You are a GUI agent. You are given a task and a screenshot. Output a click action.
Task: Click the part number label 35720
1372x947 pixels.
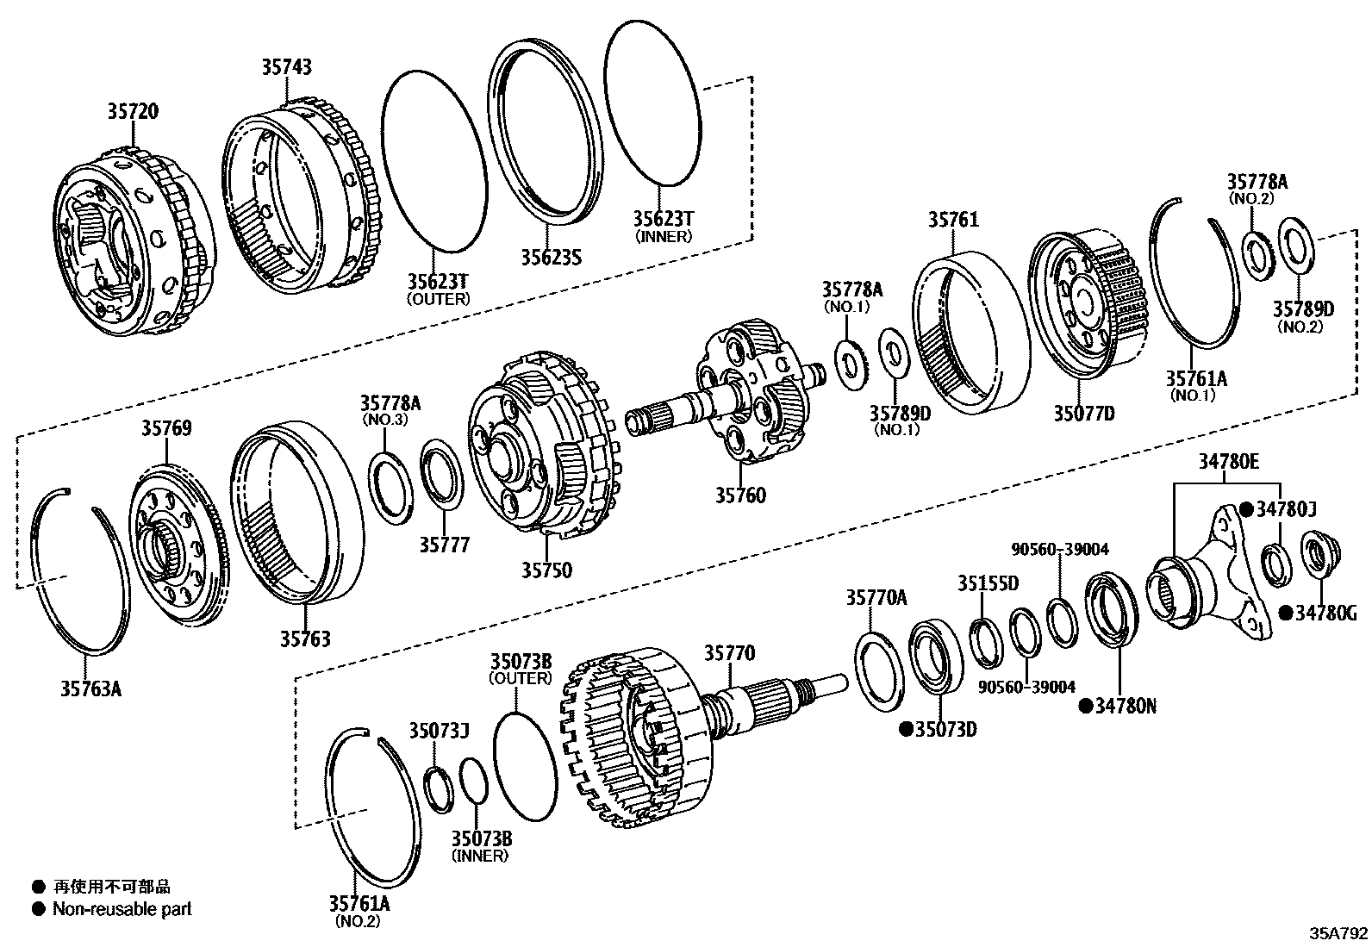tap(133, 111)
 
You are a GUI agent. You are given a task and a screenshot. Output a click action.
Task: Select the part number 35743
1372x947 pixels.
tap(287, 67)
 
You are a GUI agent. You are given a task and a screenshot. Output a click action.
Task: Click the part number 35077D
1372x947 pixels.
tap(1083, 414)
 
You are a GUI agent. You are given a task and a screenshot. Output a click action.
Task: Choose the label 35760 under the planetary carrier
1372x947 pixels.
tap(739, 495)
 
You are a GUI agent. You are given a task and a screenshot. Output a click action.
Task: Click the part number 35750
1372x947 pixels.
tap(546, 570)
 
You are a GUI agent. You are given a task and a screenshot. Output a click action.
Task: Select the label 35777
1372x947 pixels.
tap(445, 545)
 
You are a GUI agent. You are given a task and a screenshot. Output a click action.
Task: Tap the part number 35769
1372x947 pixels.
tap(166, 428)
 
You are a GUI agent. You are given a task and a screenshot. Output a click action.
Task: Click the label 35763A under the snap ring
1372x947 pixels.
tap(90, 688)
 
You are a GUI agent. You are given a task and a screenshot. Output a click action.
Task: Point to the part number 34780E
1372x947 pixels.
tap(1228, 462)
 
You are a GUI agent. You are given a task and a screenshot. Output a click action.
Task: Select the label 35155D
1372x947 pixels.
tap(988, 583)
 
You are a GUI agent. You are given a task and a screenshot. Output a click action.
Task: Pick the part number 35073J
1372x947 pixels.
tap(439, 731)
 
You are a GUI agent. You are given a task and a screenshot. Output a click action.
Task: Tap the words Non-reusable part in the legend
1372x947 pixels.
tap(122, 909)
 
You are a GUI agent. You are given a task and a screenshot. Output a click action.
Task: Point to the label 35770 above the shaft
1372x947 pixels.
tap(729, 654)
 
